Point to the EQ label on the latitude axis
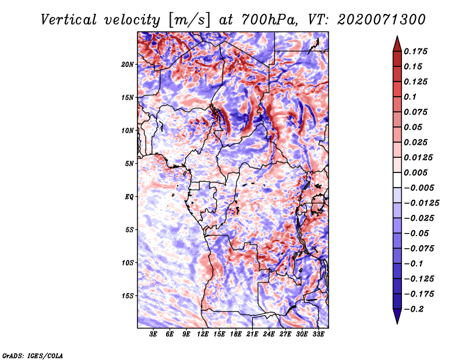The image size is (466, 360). point(129,196)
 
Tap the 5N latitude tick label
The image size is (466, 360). point(129,163)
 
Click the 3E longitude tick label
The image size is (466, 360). point(153,334)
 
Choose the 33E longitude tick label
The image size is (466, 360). point(319,334)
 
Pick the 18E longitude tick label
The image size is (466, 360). point(236,334)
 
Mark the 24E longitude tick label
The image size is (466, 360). point(269,334)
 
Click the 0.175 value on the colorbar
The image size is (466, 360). point(418,51)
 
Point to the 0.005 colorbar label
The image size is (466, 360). point(418,172)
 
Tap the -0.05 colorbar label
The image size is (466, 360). point(418,233)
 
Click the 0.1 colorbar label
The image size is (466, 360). point(412,97)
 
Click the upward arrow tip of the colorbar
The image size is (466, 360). point(397,37)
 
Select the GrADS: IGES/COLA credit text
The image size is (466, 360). point(32,355)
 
